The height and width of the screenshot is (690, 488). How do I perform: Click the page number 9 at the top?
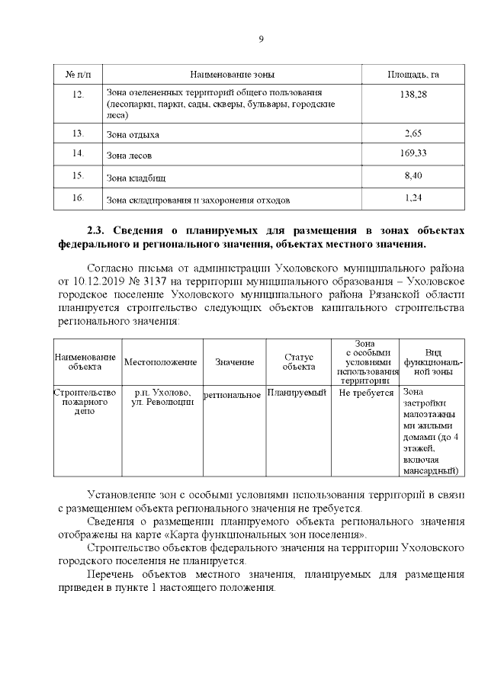tap(261, 40)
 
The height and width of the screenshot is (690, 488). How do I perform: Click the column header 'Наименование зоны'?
tap(232, 74)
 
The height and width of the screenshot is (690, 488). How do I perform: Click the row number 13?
tap(77, 133)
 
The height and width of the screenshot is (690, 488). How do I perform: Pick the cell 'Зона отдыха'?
tap(134, 134)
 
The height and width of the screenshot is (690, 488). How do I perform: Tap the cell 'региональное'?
tap(233, 395)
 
